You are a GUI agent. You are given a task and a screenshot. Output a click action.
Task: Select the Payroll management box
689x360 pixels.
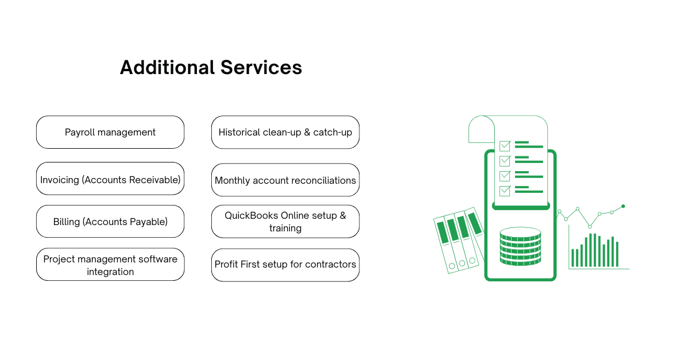tap(110, 132)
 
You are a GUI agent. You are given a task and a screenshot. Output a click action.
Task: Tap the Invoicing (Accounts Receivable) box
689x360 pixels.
tap(110, 180)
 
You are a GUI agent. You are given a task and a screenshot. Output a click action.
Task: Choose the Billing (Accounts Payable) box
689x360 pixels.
tap(110, 222)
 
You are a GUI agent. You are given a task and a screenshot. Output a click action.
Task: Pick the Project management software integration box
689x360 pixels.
tap(110, 265)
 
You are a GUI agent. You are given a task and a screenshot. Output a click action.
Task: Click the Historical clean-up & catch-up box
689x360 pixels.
tap(285, 132)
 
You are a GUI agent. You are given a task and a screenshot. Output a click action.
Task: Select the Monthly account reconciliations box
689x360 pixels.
tap(285, 180)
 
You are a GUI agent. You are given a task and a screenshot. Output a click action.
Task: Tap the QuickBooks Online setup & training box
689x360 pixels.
tap(285, 222)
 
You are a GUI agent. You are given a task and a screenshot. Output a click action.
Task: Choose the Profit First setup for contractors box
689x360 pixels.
tap(285, 265)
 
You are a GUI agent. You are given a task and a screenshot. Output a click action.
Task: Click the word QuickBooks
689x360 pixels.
tap(250, 215)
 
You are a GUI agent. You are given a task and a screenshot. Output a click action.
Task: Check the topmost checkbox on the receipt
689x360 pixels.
tap(505, 146)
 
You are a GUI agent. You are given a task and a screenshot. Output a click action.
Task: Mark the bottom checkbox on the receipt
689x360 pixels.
tap(505, 191)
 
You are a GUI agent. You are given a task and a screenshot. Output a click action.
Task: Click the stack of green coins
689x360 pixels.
tap(520, 246)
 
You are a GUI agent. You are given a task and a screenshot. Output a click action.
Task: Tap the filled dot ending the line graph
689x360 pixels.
tap(623, 206)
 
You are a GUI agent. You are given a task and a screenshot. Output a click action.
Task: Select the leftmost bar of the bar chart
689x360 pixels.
tap(572, 258)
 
